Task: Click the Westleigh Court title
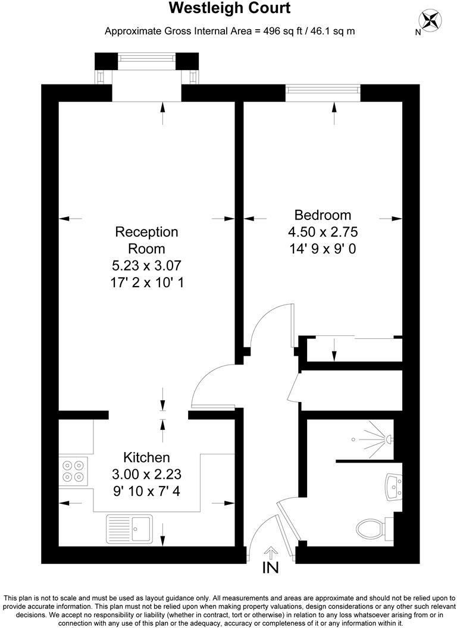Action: (x=230, y=9)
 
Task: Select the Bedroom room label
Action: (x=323, y=215)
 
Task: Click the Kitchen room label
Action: (x=146, y=457)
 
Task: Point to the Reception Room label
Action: (x=146, y=240)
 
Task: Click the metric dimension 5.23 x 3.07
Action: (x=146, y=266)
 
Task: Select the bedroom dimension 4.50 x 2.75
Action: (x=323, y=232)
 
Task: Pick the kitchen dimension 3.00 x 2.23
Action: (x=146, y=475)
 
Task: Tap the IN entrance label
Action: (x=270, y=568)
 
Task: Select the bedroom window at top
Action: (x=323, y=90)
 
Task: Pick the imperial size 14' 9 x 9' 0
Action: (x=323, y=249)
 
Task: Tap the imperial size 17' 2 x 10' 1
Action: (x=146, y=283)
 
